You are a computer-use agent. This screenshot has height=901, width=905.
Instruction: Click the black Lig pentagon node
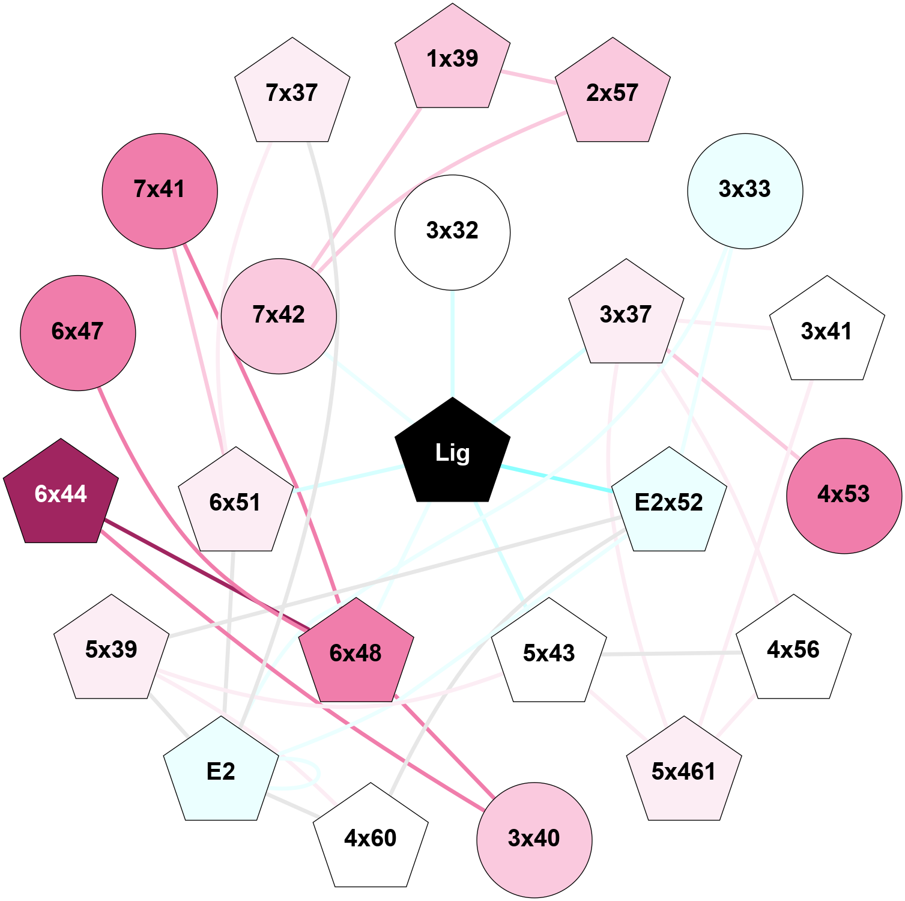click(452, 454)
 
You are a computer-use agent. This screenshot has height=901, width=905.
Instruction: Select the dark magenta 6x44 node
click(61, 494)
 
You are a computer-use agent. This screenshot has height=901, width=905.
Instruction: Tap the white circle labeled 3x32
click(452, 232)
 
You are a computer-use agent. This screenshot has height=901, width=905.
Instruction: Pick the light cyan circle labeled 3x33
click(745, 190)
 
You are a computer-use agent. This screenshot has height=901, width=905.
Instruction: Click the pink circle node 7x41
click(160, 190)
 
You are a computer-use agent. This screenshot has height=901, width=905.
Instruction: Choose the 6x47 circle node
click(78, 332)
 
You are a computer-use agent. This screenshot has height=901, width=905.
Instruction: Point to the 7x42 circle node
click(279, 316)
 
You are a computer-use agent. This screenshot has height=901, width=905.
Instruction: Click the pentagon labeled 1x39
click(452, 60)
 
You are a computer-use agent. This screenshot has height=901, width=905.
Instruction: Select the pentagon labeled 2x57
click(612, 94)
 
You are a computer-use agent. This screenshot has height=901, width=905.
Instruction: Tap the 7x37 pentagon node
click(292, 94)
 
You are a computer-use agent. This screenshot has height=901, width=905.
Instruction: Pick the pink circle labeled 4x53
click(844, 496)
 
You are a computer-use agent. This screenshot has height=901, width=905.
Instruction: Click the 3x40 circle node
click(534, 839)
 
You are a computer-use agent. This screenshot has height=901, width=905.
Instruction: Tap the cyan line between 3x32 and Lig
click(452, 342)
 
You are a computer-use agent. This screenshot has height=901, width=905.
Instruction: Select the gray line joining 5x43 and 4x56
click(670, 653)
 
